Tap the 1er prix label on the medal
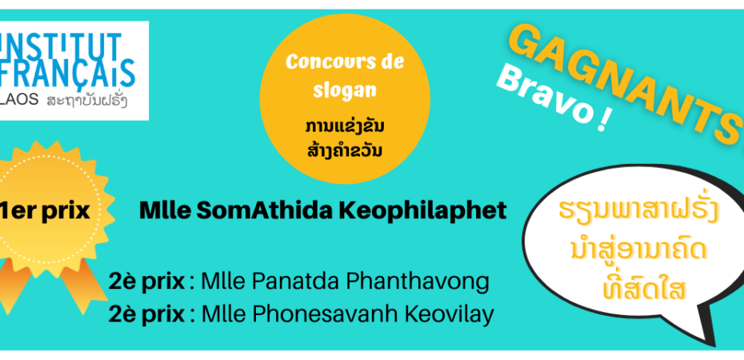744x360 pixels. (x=45, y=211)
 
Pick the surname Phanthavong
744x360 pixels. (x=417, y=283)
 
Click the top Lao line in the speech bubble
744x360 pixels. (x=638, y=211)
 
